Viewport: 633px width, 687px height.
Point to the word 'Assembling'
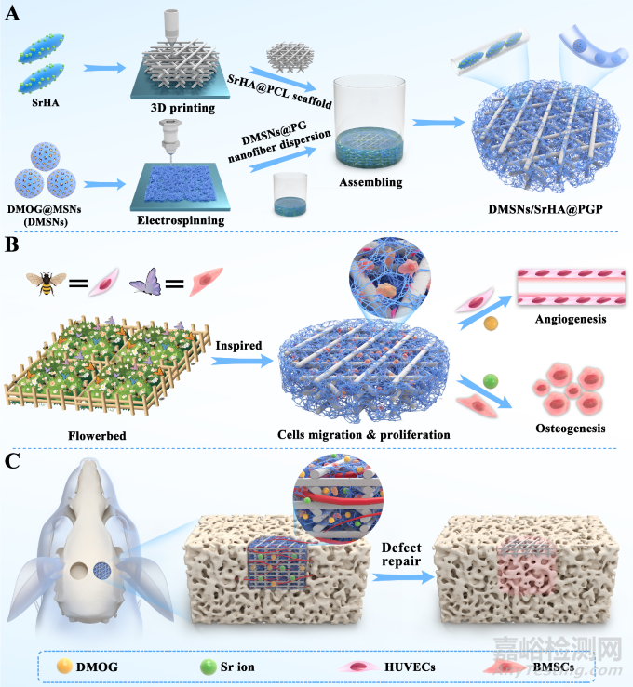click(x=372, y=182)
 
